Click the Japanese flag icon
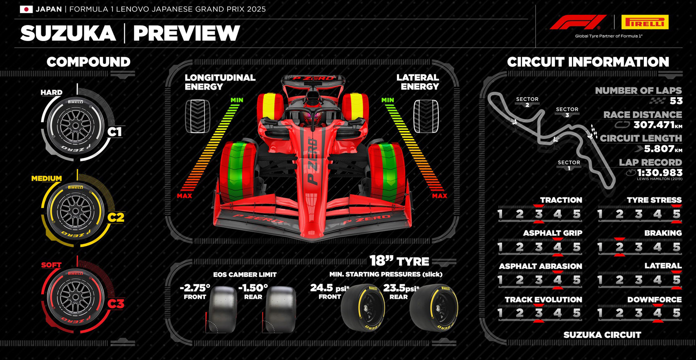[26, 9]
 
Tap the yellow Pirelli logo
[645, 22]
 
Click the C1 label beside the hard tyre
[115, 132]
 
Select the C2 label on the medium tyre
[116, 217]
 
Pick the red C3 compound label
[116, 304]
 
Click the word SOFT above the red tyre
[51, 265]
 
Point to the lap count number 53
[676, 101]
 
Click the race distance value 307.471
[653, 125]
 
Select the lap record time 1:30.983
[660, 172]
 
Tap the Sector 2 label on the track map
[527, 102]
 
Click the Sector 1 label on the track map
[569, 165]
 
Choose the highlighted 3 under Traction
[539, 214]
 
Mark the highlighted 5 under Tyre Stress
[676, 214]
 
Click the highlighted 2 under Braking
[619, 247]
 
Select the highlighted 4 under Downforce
[657, 313]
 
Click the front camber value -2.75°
[195, 288]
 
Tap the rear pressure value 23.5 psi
[401, 288]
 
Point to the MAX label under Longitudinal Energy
[184, 196]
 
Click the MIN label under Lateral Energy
[388, 100]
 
